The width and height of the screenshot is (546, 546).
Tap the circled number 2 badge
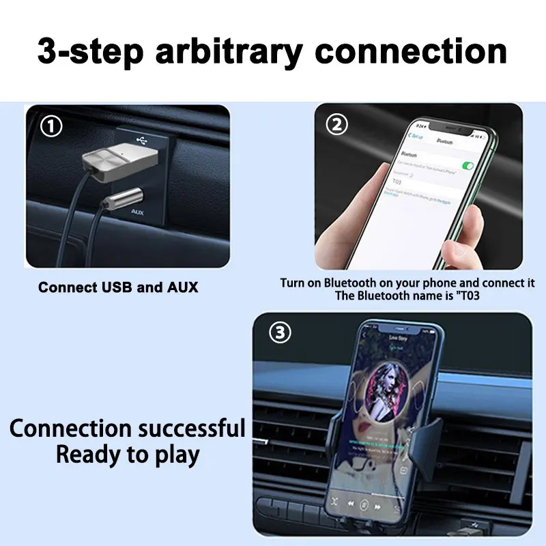(338, 125)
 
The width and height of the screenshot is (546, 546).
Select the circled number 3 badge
(281, 333)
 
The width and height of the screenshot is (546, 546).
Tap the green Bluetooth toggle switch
(468, 165)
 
